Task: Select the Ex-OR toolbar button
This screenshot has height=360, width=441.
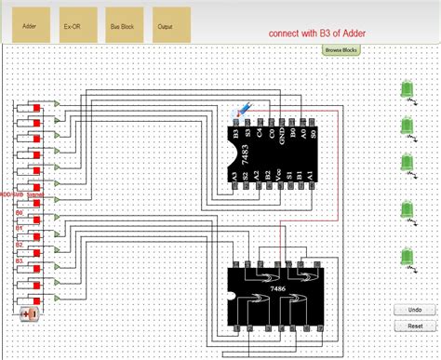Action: tap(73, 26)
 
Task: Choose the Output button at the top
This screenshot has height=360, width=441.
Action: tap(166, 26)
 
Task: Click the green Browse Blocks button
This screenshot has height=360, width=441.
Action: tap(341, 49)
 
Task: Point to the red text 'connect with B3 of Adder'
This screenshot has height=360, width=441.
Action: tap(316, 32)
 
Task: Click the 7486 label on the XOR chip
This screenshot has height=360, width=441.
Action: tap(278, 291)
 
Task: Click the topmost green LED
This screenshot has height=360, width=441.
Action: tap(407, 90)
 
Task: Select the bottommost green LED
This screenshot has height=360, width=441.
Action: tap(407, 258)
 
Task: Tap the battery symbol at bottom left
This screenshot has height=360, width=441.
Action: tap(29, 314)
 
